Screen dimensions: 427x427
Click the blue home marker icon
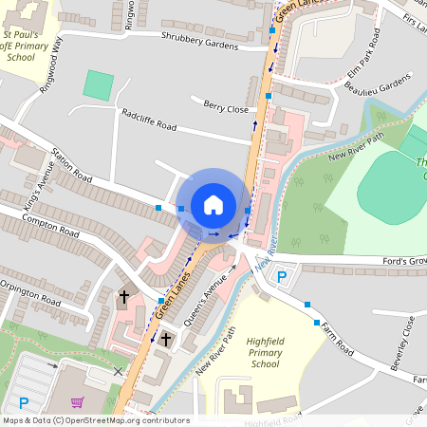[213, 205]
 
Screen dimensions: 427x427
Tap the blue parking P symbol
[281, 276]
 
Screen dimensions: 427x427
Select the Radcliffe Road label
[149, 119]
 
